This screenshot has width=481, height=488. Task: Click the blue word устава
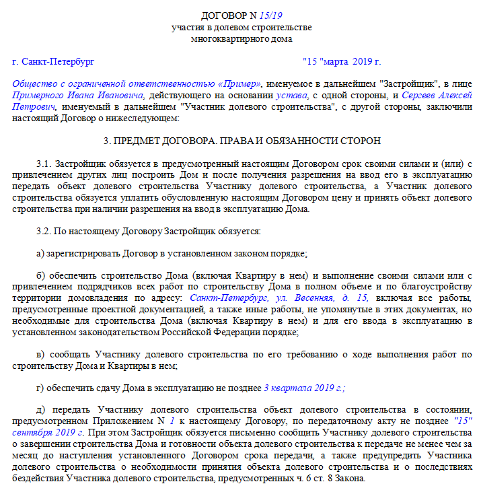click(x=276, y=96)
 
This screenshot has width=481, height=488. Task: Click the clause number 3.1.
click(x=44, y=164)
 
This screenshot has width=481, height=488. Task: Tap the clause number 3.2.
click(x=44, y=231)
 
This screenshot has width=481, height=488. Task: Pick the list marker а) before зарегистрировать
click(x=40, y=254)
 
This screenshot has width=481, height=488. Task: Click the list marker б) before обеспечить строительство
click(x=40, y=276)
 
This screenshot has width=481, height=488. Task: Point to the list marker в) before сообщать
click(x=40, y=355)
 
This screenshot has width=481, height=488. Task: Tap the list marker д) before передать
click(x=40, y=411)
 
